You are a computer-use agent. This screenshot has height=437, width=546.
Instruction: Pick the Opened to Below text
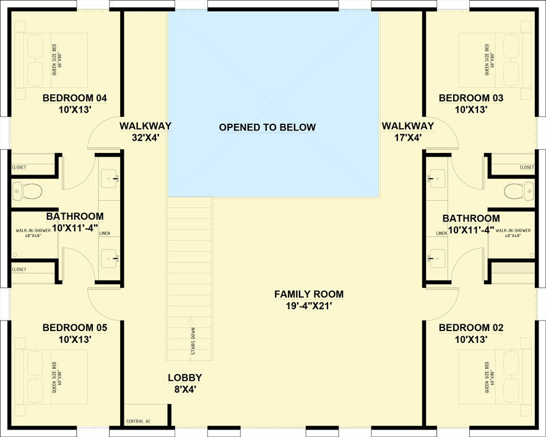[267, 128]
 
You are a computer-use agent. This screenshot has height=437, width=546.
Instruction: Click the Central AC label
[139, 422]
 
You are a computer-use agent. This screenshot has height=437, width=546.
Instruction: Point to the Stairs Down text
[193, 344]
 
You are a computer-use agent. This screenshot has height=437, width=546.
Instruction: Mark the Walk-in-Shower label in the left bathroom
[33, 233]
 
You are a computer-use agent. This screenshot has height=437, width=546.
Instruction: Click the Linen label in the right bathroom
[441, 233]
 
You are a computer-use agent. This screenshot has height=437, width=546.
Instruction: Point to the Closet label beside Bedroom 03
[527, 167]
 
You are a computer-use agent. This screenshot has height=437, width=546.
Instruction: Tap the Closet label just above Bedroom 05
[19, 269]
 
